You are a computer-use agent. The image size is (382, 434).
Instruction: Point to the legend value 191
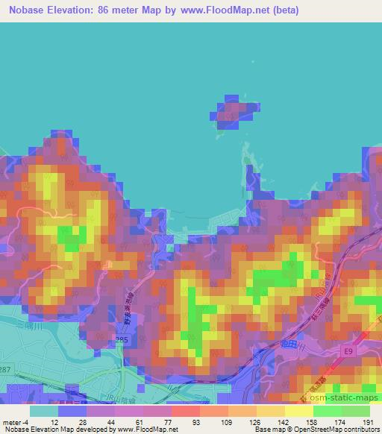click(x=368, y=421)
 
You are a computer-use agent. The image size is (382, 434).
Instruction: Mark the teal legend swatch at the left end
click(x=45, y=411)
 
